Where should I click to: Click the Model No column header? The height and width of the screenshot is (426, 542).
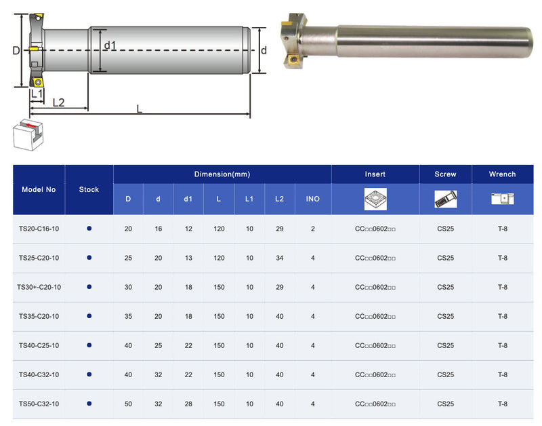(39, 189)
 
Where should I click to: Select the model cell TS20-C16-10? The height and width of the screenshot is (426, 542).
(39, 229)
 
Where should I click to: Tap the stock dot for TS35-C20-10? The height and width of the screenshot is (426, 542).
(89, 316)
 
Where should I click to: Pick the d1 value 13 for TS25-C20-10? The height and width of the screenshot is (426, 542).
(188, 258)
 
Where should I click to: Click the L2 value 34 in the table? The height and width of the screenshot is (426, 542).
(280, 258)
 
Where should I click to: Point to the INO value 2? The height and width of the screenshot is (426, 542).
(313, 229)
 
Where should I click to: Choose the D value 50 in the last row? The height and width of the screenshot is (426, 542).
(128, 404)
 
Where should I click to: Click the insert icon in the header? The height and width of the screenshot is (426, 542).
(375, 199)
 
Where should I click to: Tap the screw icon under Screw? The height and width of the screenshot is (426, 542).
(446, 199)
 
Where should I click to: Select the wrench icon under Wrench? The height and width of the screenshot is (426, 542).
(502, 199)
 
